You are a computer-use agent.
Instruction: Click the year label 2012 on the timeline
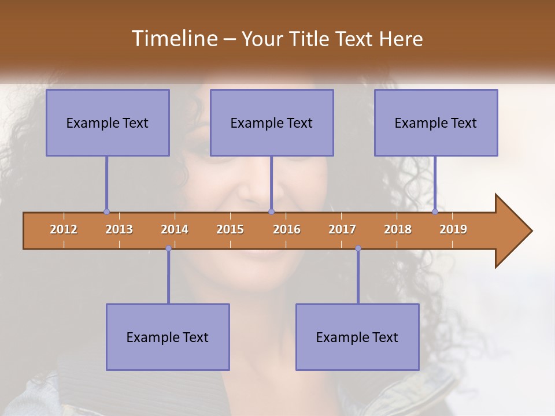pyautogui.click(x=64, y=230)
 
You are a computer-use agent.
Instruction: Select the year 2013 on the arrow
pyautogui.click(x=119, y=230)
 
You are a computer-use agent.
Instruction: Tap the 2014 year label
pyautogui.click(x=175, y=230)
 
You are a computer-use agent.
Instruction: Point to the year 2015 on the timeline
pyautogui.click(x=230, y=230)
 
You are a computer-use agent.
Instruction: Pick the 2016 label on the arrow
pyautogui.click(x=287, y=230)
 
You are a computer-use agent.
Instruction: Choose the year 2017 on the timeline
pyautogui.click(x=342, y=230)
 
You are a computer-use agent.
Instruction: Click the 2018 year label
pyautogui.click(x=398, y=230)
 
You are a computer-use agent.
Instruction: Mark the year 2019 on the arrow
pyautogui.click(x=453, y=230)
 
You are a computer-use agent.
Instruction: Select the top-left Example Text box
pyautogui.click(x=108, y=122)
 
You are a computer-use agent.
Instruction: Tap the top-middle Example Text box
pyautogui.click(x=272, y=122)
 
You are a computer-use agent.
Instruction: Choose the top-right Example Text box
pyautogui.click(x=436, y=122)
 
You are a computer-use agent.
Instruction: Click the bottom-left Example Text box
pyautogui.click(x=168, y=337)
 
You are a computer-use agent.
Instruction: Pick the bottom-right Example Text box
pyautogui.click(x=357, y=337)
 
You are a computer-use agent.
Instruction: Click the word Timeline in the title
pyautogui.click(x=174, y=39)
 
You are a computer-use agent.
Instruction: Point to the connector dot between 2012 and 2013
pyautogui.click(x=106, y=212)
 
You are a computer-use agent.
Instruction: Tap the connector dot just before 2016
pyautogui.click(x=271, y=212)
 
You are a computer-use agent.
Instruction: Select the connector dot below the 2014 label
pyautogui.click(x=168, y=248)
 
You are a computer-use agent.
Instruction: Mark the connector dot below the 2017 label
pyautogui.click(x=358, y=248)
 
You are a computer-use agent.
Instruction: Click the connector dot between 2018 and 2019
pyautogui.click(x=435, y=212)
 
